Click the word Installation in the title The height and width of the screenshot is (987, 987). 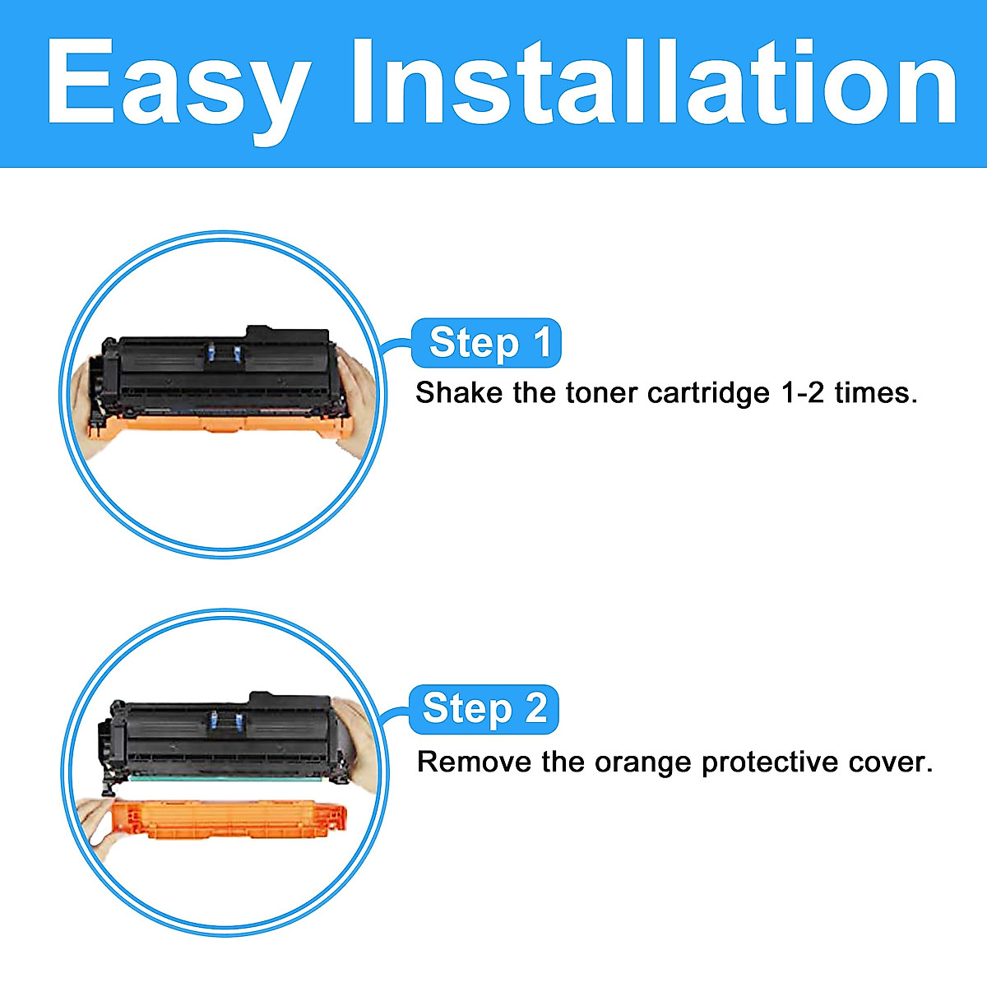[655, 82]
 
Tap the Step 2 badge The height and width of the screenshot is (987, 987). [484, 709]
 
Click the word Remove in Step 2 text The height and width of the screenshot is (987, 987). [473, 762]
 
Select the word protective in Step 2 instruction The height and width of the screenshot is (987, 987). [771, 763]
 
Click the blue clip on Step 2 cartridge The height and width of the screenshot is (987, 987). [227, 721]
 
